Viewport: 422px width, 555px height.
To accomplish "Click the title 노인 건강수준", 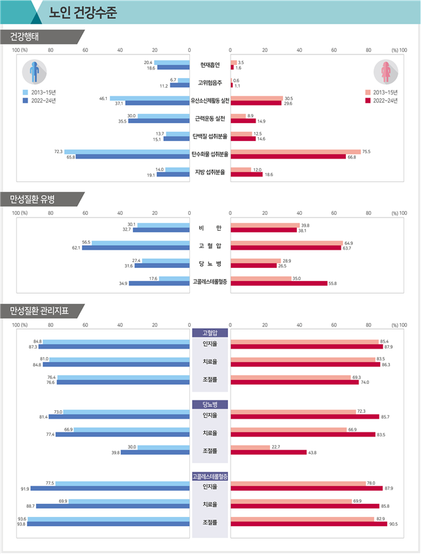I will click(x=83, y=12).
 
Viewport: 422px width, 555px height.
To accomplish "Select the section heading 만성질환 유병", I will click(x=35, y=199).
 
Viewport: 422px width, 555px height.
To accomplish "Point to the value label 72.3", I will click(x=58, y=152).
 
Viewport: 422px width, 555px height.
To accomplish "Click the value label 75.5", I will click(x=366, y=152).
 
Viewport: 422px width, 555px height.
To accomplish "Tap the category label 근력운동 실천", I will click(x=210, y=119).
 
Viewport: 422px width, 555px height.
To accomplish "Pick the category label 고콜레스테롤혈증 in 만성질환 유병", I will click(x=210, y=282).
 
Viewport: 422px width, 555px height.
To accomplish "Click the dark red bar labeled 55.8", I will click(x=278, y=284).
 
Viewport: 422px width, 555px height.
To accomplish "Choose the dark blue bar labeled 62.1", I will click(x=136, y=248).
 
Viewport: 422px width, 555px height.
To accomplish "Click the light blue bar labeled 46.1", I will click(x=149, y=98).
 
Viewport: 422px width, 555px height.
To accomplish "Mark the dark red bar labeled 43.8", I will click(x=268, y=452).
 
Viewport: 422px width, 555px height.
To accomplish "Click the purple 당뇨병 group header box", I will click(x=210, y=404).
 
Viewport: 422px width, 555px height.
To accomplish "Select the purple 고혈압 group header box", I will click(x=210, y=333).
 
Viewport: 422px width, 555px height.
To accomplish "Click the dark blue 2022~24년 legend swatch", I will click(x=25, y=101).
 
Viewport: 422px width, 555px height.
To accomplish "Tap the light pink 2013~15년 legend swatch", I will click(x=368, y=92).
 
